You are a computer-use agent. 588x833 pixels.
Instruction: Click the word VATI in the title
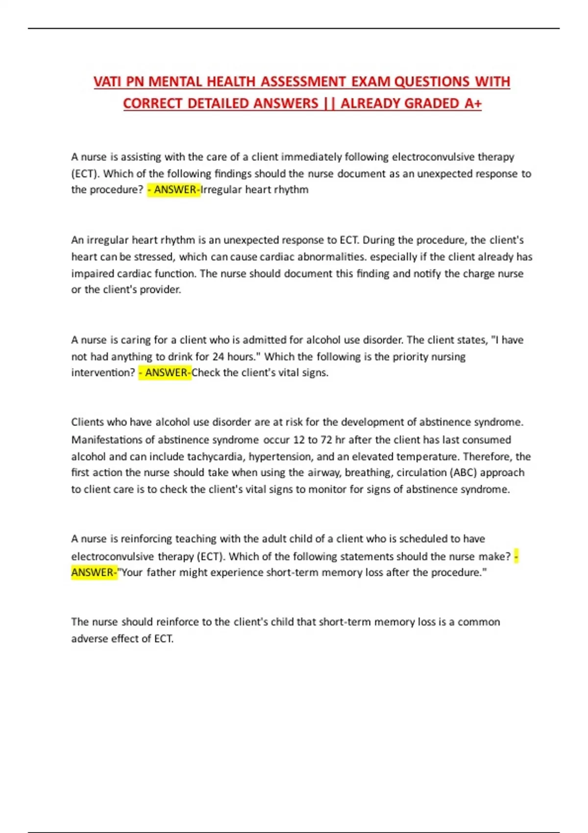coord(108,81)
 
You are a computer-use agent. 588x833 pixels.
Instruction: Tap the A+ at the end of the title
coord(473,103)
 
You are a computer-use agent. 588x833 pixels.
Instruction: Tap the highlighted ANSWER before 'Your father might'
coord(94,573)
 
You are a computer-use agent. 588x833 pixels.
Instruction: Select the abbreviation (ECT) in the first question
coord(85,173)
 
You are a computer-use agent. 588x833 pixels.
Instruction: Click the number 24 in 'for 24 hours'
coord(218,357)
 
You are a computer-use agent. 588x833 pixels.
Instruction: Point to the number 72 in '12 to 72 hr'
coord(326,440)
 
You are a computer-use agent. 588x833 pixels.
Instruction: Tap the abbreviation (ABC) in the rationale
coord(463,472)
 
